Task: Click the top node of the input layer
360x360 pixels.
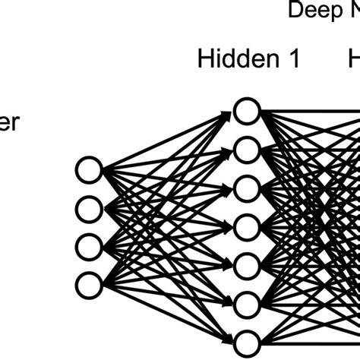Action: [x=89, y=169]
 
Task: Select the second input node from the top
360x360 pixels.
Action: [x=89, y=207]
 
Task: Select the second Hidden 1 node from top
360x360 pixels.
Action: [x=245, y=150]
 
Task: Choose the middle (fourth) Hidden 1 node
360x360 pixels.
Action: [x=245, y=226]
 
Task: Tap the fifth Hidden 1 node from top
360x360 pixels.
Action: [x=245, y=264]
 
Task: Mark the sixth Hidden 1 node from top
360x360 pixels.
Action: [x=245, y=303]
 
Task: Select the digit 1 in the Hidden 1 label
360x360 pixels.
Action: [x=292, y=60]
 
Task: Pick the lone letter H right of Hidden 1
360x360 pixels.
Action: [x=354, y=60]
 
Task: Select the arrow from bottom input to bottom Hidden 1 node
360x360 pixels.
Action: [x=163, y=311]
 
